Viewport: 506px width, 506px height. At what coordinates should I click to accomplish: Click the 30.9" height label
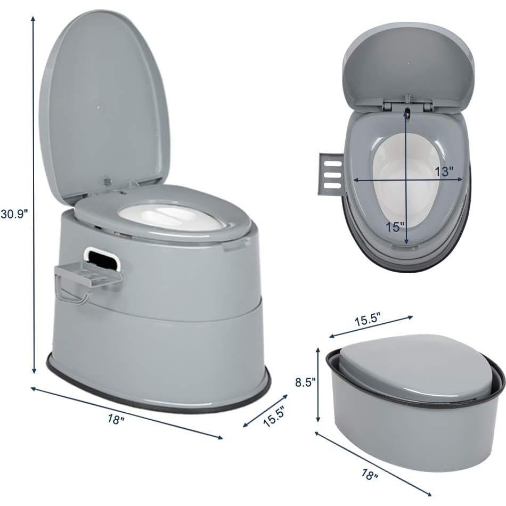coord(14,214)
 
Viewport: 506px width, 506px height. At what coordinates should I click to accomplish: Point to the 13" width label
coord(444,172)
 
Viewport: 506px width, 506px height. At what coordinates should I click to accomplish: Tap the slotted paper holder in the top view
coord(330,174)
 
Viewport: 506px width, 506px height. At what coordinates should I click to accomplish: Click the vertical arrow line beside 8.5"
coord(319,383)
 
